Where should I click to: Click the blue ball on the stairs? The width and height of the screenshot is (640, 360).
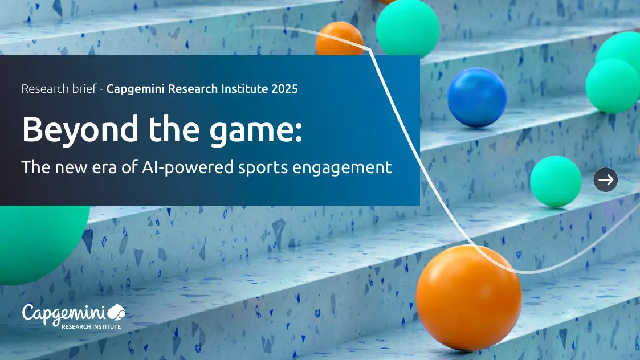point(477,97)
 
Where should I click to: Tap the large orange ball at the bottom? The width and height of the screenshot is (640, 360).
point(468,298)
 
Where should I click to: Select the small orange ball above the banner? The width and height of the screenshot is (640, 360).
point(339,39)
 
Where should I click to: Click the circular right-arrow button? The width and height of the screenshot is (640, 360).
point(606,179)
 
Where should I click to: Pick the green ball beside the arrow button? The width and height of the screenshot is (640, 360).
point(556,181)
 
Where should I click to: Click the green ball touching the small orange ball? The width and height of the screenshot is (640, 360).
point(407,28)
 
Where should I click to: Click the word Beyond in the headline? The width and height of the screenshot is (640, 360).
point(80,130)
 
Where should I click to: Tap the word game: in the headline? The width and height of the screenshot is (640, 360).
point(256,130)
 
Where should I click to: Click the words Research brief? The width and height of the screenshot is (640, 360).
point(59,89)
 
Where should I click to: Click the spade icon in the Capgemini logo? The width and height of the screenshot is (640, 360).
point(116,312)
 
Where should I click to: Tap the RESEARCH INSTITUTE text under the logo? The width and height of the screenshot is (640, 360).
point(91,326)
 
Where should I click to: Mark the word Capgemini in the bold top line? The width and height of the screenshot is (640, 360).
point(136,89)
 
